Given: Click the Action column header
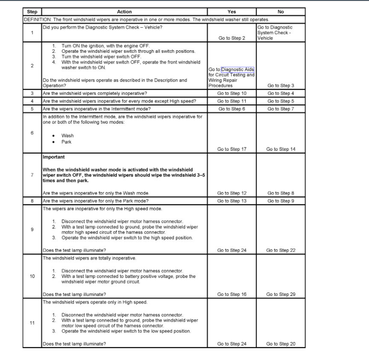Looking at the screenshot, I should pyautogui.click(x=124, y=12).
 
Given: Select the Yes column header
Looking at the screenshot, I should pyautogui.click(x=232, y=12).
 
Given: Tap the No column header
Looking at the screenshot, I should pyautogui.click(x=281, y=12).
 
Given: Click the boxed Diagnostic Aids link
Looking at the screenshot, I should pyautogui.click(x=237, y=70).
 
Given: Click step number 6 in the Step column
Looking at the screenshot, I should pyautogui.click(x=32, y=133).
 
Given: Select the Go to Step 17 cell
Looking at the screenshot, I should pyautogui.click(x=232, y=149).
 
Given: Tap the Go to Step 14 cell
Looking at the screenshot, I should pyautogui.click(x=281, y=149).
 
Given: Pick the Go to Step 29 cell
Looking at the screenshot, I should pyautogui.click(x=281, y=294).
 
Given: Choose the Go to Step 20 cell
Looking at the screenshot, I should pyautogui.click(x=281, y=344).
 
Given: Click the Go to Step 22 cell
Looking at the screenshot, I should pyautogui.click(x=281, y=250).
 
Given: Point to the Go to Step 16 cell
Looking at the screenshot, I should pyautogui.click(x=232, y=294).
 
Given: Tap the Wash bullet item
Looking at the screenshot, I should pyautogui.click(x=67, y=136).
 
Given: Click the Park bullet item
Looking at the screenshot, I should pyautogui.click(x=66, y=142).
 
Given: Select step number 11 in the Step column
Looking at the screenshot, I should pyautogui.click(x=32, y=323).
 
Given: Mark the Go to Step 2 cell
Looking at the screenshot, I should pyautogui.click(x=232, y=38).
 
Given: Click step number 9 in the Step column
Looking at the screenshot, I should pyautogui.click(x=32, y=230).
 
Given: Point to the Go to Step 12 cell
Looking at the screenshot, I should pyautogui.click(x=232, y=193).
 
